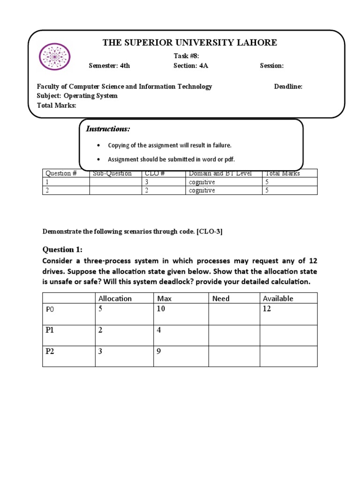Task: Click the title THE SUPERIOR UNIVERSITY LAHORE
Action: pos(190,43)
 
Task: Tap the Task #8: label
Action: pos(187,56)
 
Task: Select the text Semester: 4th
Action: pos(109,66)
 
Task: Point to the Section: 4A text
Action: pos(190,66)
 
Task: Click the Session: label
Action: pos(272,66)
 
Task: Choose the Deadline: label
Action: pos(288,86)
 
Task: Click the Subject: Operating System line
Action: pos(77,96)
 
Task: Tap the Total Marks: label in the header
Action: pos(57,105)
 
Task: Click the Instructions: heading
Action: pos(108,129)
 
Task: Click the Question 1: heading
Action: pos(62,249)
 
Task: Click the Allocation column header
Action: pos(115,298)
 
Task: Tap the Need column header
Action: pos(221,298)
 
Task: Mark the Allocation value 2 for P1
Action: pos(100,330)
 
